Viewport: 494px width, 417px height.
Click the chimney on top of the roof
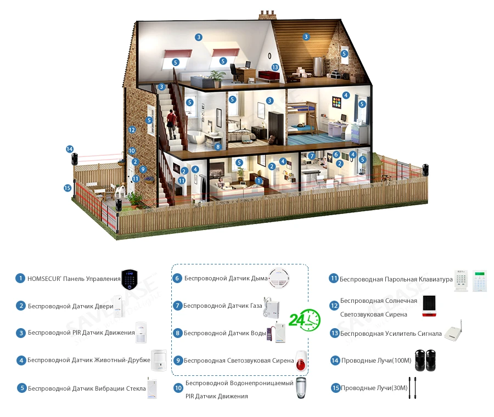(x=267, y=15)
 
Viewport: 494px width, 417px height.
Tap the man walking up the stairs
(x=171, y=124)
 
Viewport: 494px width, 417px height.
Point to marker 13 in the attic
(x=275, y=67)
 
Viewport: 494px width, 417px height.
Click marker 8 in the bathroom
(x=218, y=146)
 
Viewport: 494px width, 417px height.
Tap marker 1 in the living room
(x=259, y=181)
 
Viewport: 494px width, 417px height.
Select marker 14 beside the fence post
(x=70, y=149)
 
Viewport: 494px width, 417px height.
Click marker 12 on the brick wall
(x=132, y=129)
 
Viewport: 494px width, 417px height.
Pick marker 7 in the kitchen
(x=312, y=156)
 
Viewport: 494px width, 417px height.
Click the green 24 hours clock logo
(x=304, y=320)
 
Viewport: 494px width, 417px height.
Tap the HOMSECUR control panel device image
(x=130, y=279)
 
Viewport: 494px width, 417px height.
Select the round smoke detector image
(x=279, y=277)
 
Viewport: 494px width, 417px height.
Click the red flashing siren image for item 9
(x=301, y=361)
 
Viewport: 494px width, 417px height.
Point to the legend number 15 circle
(x=335, y=388)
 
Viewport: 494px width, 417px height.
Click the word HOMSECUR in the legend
(x=44, y=279)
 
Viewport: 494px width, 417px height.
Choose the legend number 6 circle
(x=177, y=278)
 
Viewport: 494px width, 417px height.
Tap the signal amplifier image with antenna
(x=453, y=331)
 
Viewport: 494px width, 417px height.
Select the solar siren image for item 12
(x=429, y=306)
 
